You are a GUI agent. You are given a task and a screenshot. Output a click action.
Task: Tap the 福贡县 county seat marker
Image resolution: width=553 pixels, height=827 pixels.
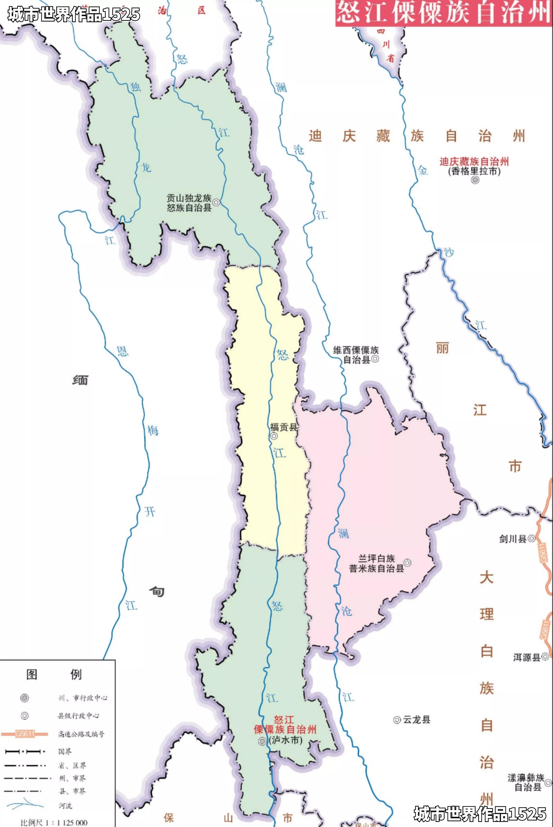tap(274, 436)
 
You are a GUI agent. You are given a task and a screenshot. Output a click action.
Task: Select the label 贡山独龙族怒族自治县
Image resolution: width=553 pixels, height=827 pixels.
tap(189, 203)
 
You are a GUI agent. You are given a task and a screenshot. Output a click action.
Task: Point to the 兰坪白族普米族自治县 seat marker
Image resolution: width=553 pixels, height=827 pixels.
tap(407, 562)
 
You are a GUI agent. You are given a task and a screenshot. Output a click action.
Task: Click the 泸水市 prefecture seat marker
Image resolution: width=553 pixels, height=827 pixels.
tap(262, 742)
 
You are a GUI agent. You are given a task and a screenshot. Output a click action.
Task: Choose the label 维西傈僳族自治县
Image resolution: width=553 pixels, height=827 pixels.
tap(356, 355)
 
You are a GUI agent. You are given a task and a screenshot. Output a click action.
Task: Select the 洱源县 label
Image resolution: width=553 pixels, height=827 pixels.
tap(526, 657)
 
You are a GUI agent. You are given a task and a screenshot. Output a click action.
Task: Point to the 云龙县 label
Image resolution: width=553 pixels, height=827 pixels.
tap(417, 720)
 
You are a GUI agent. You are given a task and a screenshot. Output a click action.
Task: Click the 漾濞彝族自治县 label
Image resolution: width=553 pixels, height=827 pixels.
tap(526, 783)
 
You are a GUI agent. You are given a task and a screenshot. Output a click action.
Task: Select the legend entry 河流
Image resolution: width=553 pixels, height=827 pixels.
tap(65, 806)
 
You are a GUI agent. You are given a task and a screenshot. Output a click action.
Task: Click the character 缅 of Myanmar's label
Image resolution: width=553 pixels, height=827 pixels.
tap(80, 380)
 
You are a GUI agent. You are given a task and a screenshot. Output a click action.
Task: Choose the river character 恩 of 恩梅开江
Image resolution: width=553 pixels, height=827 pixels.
tap(122, 351)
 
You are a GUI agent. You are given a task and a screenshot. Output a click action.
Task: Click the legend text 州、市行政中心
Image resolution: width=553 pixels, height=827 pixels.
tap(83, 698)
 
